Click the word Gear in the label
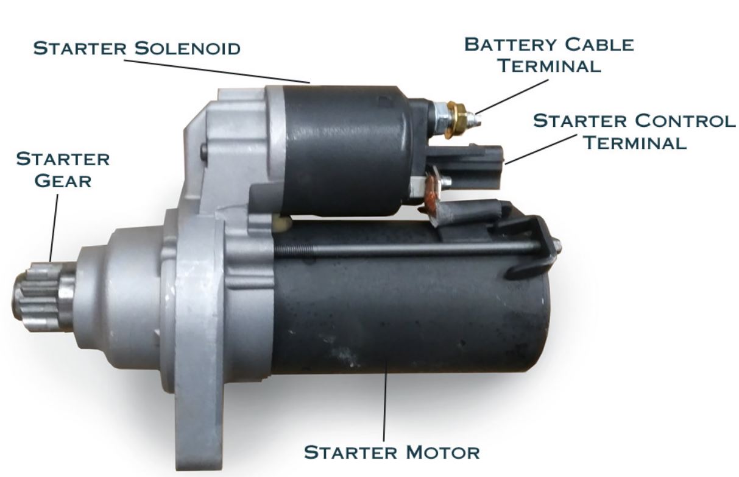point(63,181)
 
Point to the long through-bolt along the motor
point(414,248)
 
